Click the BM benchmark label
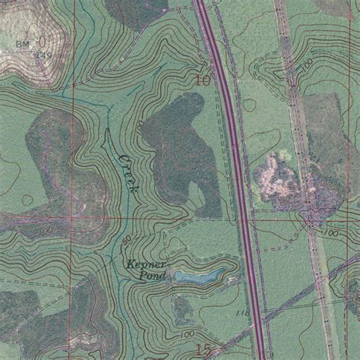pos(21,45)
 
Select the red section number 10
pos(202,78)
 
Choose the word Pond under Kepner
pos(153,275)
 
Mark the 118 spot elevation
pos(242,312)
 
